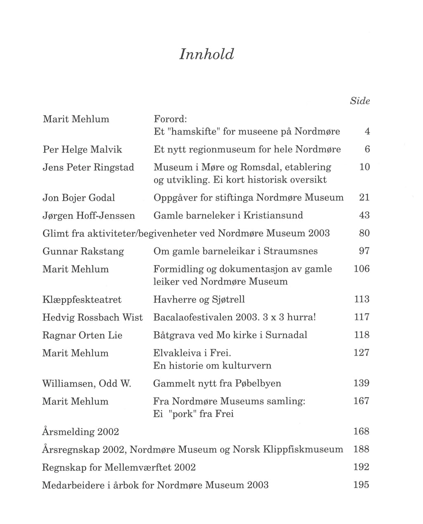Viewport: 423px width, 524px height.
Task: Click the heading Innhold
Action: pos(207,55)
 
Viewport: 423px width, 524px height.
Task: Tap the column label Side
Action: pos(359,101)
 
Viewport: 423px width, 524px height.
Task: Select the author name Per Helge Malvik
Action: pos(82,149)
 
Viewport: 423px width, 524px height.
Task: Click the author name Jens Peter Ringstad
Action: pos(88,167)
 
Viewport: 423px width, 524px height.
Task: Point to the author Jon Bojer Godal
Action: pos(78,198)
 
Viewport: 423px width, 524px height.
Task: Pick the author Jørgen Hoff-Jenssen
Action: pos(88,216)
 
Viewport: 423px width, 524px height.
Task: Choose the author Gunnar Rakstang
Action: pos(83,251)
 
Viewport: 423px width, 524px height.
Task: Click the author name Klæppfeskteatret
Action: pos(82,299)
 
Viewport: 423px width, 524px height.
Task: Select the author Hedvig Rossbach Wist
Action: pos(92,318)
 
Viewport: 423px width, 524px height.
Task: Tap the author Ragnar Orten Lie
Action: pos(82,335)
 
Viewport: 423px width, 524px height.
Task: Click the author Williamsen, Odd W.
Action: pos(86,384)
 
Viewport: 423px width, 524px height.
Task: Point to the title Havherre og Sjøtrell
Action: pos(199,299)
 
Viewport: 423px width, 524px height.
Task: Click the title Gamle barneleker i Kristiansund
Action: pos(228,216)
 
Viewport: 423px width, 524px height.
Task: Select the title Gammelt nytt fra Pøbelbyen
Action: pos(217,384)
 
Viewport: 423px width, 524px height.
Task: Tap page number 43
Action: pos(364,216)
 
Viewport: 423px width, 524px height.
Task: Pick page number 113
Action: pos(361,299)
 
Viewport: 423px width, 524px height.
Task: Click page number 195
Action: pos(361,485)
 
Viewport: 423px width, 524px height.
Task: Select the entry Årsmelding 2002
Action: pos(81,432)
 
